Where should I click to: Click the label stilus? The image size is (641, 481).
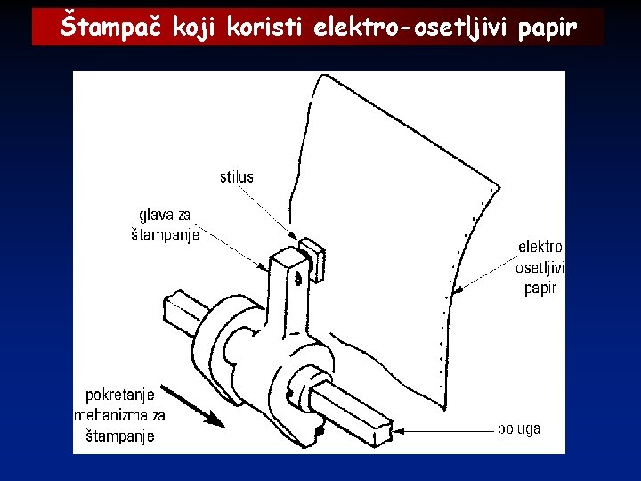(x=236, y=177)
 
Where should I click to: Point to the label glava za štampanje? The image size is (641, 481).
(x=165, y=225)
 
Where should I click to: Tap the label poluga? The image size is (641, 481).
(x=518, y=429)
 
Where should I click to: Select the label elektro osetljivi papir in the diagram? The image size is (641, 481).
(x=540, y=266)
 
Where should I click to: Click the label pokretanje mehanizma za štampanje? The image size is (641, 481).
(x=121, y=415)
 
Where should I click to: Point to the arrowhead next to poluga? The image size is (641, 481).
(x=397, y=430)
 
